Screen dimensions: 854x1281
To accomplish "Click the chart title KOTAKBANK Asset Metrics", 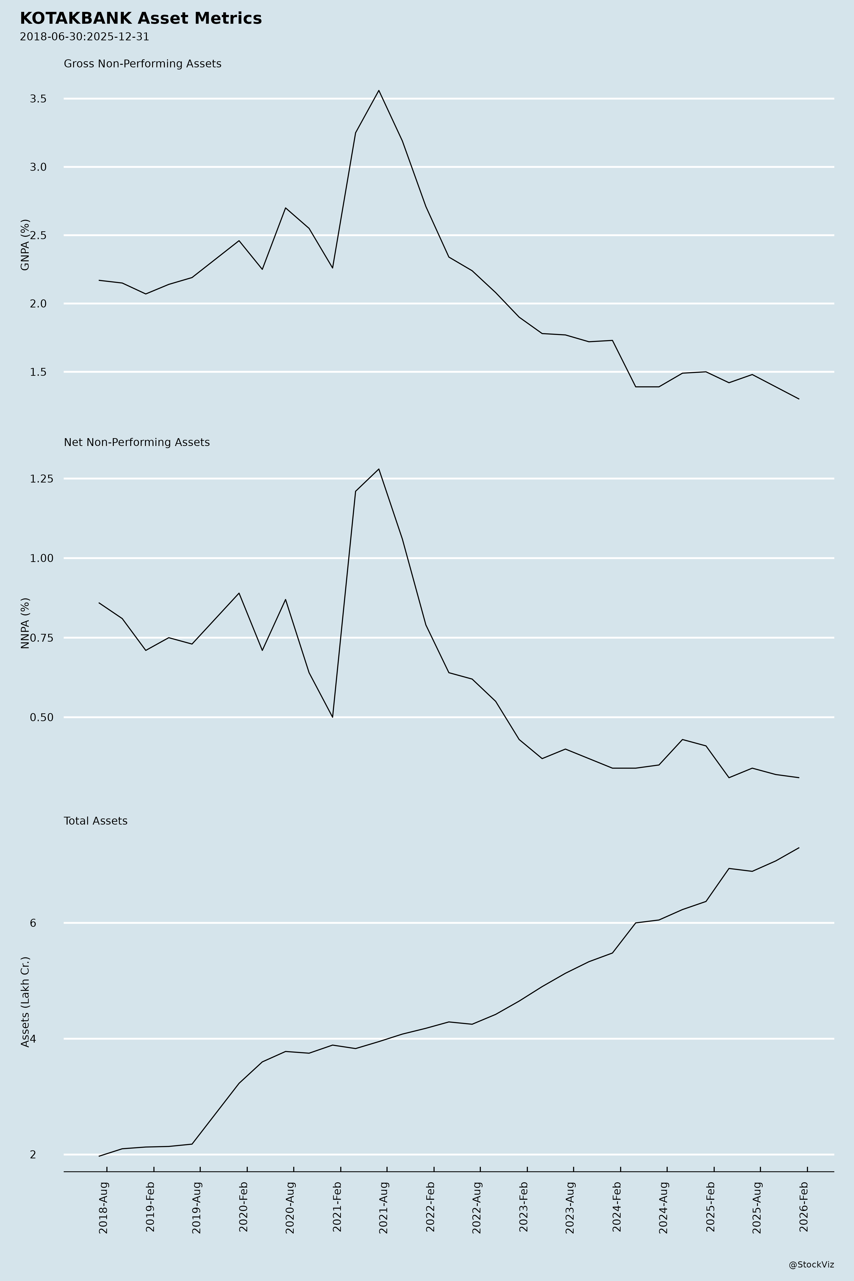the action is pos(140,19).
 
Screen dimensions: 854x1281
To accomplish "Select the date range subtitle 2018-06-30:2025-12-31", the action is pos(84,37).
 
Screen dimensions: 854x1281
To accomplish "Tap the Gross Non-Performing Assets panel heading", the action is pos(143,64).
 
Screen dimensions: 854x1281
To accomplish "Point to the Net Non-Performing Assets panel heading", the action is pos(137,442).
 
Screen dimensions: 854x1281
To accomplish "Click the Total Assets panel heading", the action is pos(96,821).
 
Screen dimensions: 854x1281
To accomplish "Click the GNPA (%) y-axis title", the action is pos(25,245).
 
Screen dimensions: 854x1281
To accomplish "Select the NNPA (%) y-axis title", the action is pos(25,623).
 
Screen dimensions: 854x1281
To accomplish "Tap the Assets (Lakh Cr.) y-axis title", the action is pos(25,1001).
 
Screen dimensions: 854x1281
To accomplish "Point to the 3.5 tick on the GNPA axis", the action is pos(38,99).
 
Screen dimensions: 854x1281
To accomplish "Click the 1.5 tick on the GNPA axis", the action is pos(38,372).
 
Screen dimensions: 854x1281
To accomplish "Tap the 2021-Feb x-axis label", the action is pos(337,1198).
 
